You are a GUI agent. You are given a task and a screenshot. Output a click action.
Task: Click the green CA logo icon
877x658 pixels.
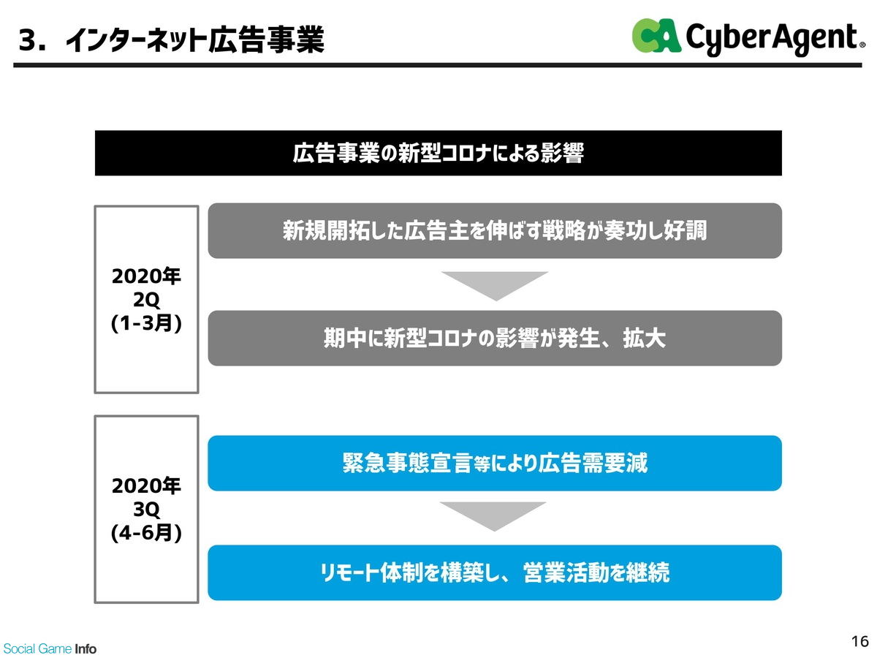(656, 36)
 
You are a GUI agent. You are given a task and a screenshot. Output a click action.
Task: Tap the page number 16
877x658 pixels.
(859, 641)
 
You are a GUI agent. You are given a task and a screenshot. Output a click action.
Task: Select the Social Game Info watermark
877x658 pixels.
(50, 648)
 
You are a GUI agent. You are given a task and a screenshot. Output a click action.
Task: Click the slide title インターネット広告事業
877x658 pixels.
(195, 40)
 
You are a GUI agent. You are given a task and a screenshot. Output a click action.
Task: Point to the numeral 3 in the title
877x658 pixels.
(28, 40)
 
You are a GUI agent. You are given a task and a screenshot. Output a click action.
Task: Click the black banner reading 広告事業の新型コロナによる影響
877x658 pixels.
(438, 153)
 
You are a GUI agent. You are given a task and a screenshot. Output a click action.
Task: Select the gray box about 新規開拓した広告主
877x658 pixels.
(495, 230)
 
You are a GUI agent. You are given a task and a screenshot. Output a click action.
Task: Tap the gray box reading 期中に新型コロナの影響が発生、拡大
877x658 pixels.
(495, 338)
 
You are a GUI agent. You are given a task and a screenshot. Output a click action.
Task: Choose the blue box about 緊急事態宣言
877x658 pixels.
(495, 463)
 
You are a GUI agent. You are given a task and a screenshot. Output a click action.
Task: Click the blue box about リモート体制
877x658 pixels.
(495, 572)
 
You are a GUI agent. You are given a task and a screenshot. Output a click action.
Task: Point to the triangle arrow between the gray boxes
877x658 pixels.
(495, 284)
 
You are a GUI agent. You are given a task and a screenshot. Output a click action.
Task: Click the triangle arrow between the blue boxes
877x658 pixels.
(493, 514)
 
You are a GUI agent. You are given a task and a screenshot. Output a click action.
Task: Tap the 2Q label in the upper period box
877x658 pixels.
(146, 300)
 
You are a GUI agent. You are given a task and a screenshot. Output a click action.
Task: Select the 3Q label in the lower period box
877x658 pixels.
(146, 510)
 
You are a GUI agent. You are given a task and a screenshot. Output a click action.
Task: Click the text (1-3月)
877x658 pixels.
(146, 323)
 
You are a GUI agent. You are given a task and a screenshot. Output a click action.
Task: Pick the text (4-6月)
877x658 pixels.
(146, 532)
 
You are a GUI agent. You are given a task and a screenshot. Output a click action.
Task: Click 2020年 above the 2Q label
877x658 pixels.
(146, 276)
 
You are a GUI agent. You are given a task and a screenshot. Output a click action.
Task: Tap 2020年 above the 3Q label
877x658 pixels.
(146, 485)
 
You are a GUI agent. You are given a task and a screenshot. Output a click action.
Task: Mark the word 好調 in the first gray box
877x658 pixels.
(686, 230)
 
